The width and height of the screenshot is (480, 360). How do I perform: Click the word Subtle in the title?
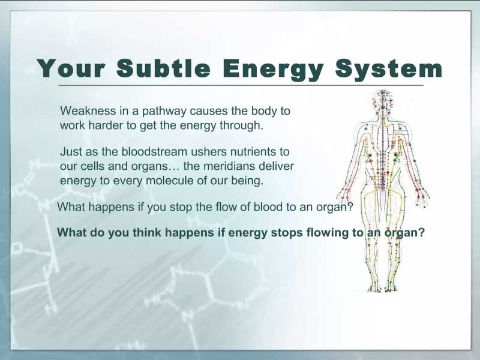click(x=163, y=68)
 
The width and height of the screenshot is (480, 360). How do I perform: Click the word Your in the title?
click(x=71, y=68)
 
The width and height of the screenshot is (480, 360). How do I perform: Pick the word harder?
click(x=107, y=125)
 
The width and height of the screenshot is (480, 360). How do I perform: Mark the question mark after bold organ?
click(x=422, y=232)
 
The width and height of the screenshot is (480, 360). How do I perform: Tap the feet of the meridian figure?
click(x=382, y=287)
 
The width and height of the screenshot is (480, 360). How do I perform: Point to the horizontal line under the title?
click(x=241, y=85)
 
